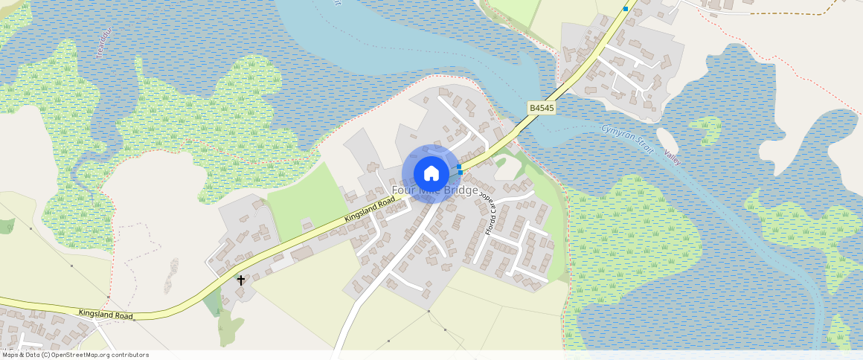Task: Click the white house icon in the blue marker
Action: click(x=431, y=173)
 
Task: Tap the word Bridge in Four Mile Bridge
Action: click(x=461, y=190)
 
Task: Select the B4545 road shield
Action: click(x=541, y=109)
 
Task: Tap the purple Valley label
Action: click(x=673, y=158)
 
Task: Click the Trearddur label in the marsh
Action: click(x=103, y=44)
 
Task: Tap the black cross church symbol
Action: click(x=241, y=280)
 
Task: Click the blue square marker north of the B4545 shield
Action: click(x=626, y=9)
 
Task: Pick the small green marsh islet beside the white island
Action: click(x=706, y=131)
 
